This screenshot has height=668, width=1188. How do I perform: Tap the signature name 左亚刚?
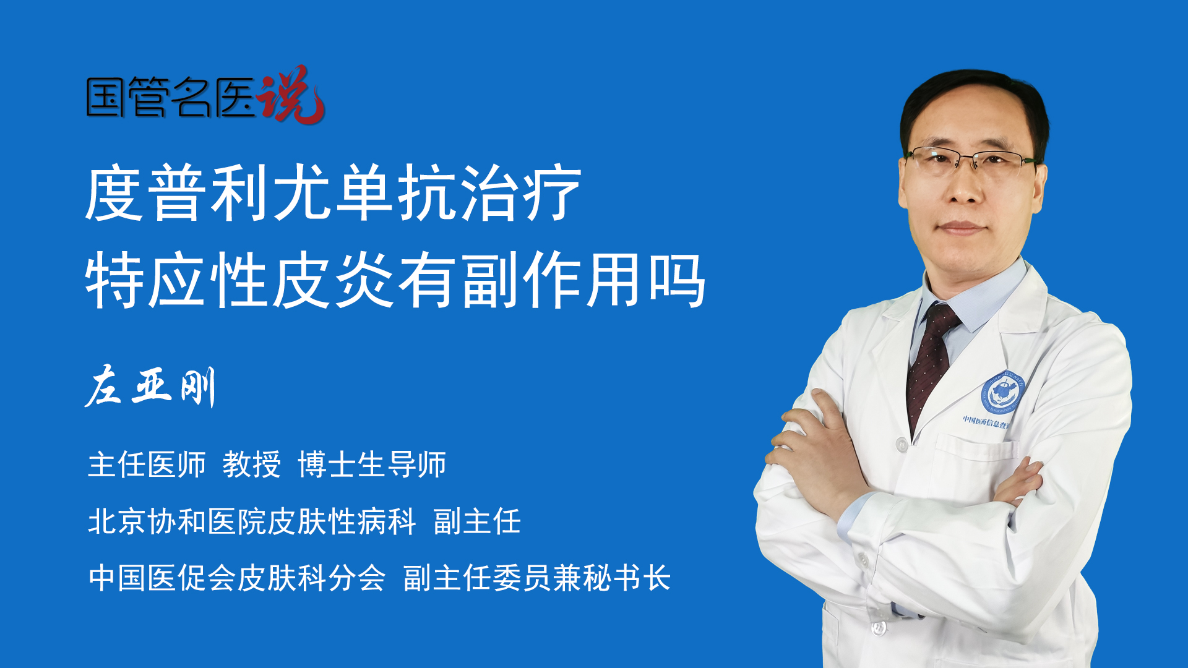pos(150,387)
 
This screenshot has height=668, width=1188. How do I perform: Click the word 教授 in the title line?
pos(252,465)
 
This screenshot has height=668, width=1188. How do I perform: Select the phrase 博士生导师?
pos(372,465)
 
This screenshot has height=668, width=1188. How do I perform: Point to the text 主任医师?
pos(147,465)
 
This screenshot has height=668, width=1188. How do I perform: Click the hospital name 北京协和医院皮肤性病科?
pos(252,521)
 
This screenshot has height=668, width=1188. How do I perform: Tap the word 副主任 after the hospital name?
pos(477,521)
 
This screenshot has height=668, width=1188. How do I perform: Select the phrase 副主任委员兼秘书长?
pos(537,578)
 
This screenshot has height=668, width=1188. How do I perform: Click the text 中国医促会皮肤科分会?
pos(237,578)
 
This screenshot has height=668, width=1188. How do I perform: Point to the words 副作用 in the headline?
pos(551,280)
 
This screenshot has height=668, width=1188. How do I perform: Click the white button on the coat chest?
pos(902,444)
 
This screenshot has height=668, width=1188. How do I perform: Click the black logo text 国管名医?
pos(171,97)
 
